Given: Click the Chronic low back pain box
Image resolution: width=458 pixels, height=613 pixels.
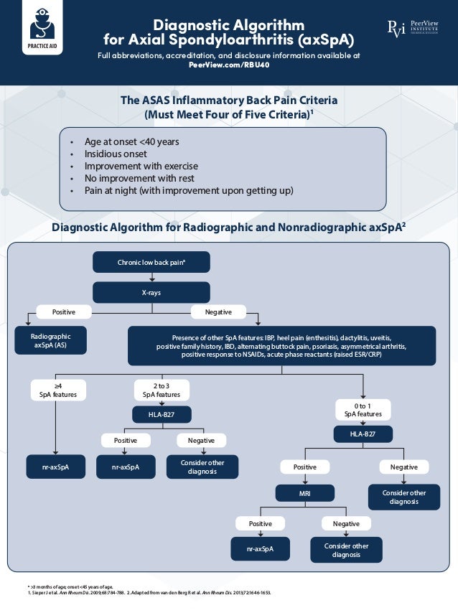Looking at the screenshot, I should [151, 262].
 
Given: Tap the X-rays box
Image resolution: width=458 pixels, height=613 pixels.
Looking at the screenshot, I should [151, 292].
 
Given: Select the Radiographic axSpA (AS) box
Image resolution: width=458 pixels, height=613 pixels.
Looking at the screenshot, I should [51, 340].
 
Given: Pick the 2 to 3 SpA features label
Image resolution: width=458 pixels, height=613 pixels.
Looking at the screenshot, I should [162, 390].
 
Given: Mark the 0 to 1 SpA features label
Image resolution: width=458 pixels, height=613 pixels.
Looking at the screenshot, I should [363, 409].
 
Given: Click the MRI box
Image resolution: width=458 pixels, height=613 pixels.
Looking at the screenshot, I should [305, 493].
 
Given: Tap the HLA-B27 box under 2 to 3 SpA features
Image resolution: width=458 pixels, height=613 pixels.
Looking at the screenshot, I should [162, 414].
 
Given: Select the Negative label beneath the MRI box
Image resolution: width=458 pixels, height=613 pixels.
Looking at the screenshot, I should [346, 523].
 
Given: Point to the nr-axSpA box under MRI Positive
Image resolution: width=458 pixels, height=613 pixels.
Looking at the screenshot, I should [260, 549].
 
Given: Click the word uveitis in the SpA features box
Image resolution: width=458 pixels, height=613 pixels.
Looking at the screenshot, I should [380, 337].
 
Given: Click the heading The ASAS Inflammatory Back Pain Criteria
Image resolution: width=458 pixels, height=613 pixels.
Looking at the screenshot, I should [229, 100].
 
